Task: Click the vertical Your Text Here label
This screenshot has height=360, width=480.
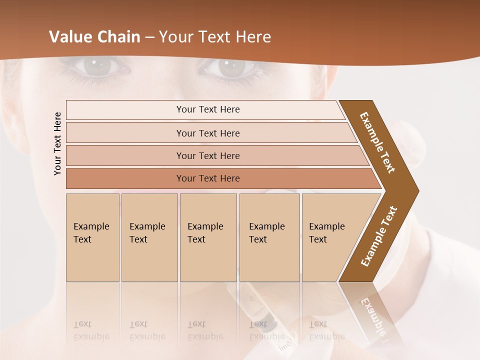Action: point(57,143)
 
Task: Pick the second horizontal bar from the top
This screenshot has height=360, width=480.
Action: point(207,133)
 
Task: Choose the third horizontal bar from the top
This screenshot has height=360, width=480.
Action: point(207,155)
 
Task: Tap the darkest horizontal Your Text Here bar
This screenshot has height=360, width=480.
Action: point(207,178)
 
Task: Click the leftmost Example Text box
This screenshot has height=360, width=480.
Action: point(92,237)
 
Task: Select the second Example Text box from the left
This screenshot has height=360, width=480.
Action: point(149,237)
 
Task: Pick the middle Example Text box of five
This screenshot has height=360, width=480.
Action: point(208,237)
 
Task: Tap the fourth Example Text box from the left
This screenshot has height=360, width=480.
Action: point(269,237)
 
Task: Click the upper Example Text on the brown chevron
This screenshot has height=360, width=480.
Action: point(378,142)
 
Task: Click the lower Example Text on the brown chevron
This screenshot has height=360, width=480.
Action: point(379,236)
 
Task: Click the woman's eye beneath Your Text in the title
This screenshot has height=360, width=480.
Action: point(230,67)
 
